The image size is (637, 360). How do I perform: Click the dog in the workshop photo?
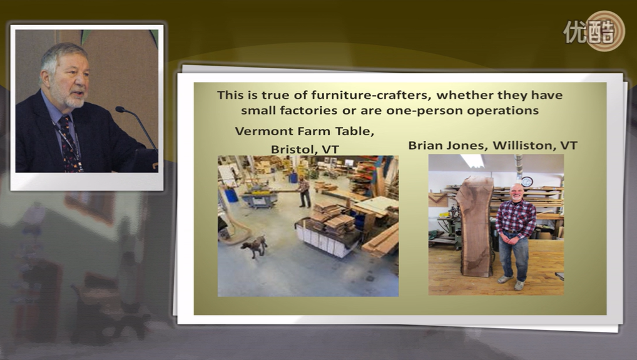254,246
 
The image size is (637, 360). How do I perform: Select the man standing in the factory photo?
303,192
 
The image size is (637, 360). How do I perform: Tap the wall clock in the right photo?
527,182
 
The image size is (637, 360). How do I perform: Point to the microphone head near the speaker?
120,109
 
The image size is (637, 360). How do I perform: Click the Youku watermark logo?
594,31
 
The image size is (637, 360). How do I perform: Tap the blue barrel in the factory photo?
231,195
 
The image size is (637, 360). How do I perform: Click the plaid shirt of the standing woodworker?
516,219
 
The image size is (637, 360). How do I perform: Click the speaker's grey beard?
73,99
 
